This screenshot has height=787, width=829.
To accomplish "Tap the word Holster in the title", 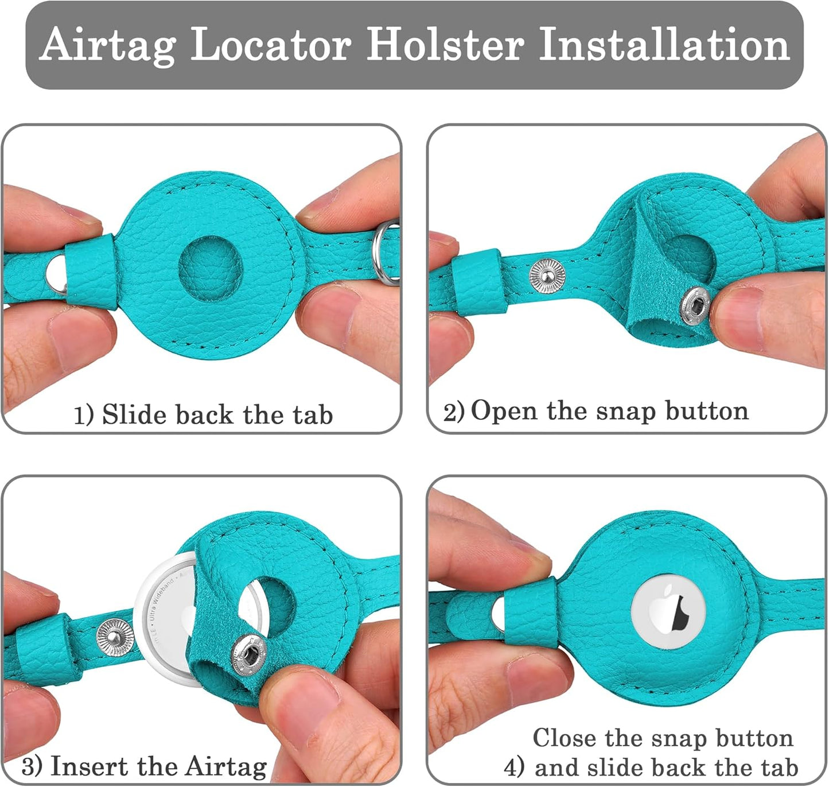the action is (x=445, y=44).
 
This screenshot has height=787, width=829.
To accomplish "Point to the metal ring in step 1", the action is (x=386, y=253).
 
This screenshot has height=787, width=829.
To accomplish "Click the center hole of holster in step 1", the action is (x=211, y=269).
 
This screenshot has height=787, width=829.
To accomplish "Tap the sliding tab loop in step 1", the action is (x=91, y=272).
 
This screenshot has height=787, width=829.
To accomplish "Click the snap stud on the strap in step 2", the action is (x=547, y=276).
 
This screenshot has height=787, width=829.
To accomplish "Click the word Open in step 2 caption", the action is (x=504, y=411).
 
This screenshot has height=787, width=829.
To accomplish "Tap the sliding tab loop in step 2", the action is (x=479, y=281).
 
